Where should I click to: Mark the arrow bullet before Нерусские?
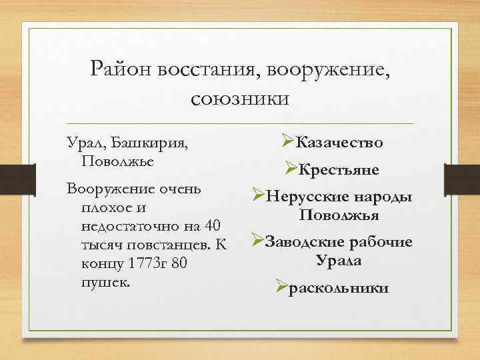[259, 197]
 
